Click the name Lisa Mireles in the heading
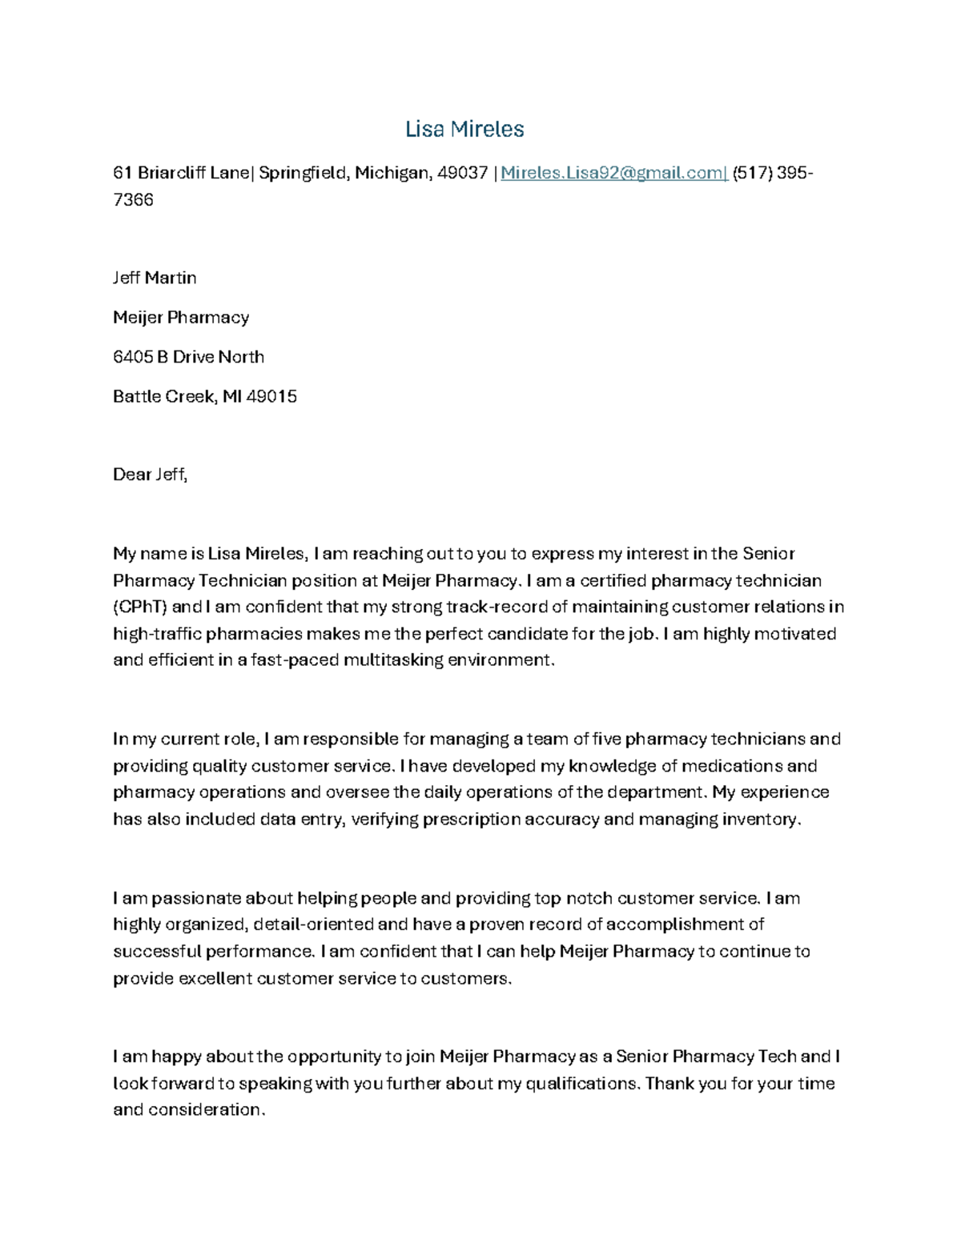click(x=464, y=129)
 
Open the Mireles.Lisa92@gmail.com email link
click(x=613, y=173)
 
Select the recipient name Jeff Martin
click(x=155, y=278)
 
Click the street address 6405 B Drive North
click(x=188, y=357)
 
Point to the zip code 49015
click(x=271, y=396)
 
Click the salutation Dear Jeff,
click(x=150, y=475)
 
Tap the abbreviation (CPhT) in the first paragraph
click(x=140, y=607)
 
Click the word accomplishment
click(x=675, y=924)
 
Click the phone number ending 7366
click(x=133, y=200)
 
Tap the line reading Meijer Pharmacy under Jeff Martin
click(x=181, y=318)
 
